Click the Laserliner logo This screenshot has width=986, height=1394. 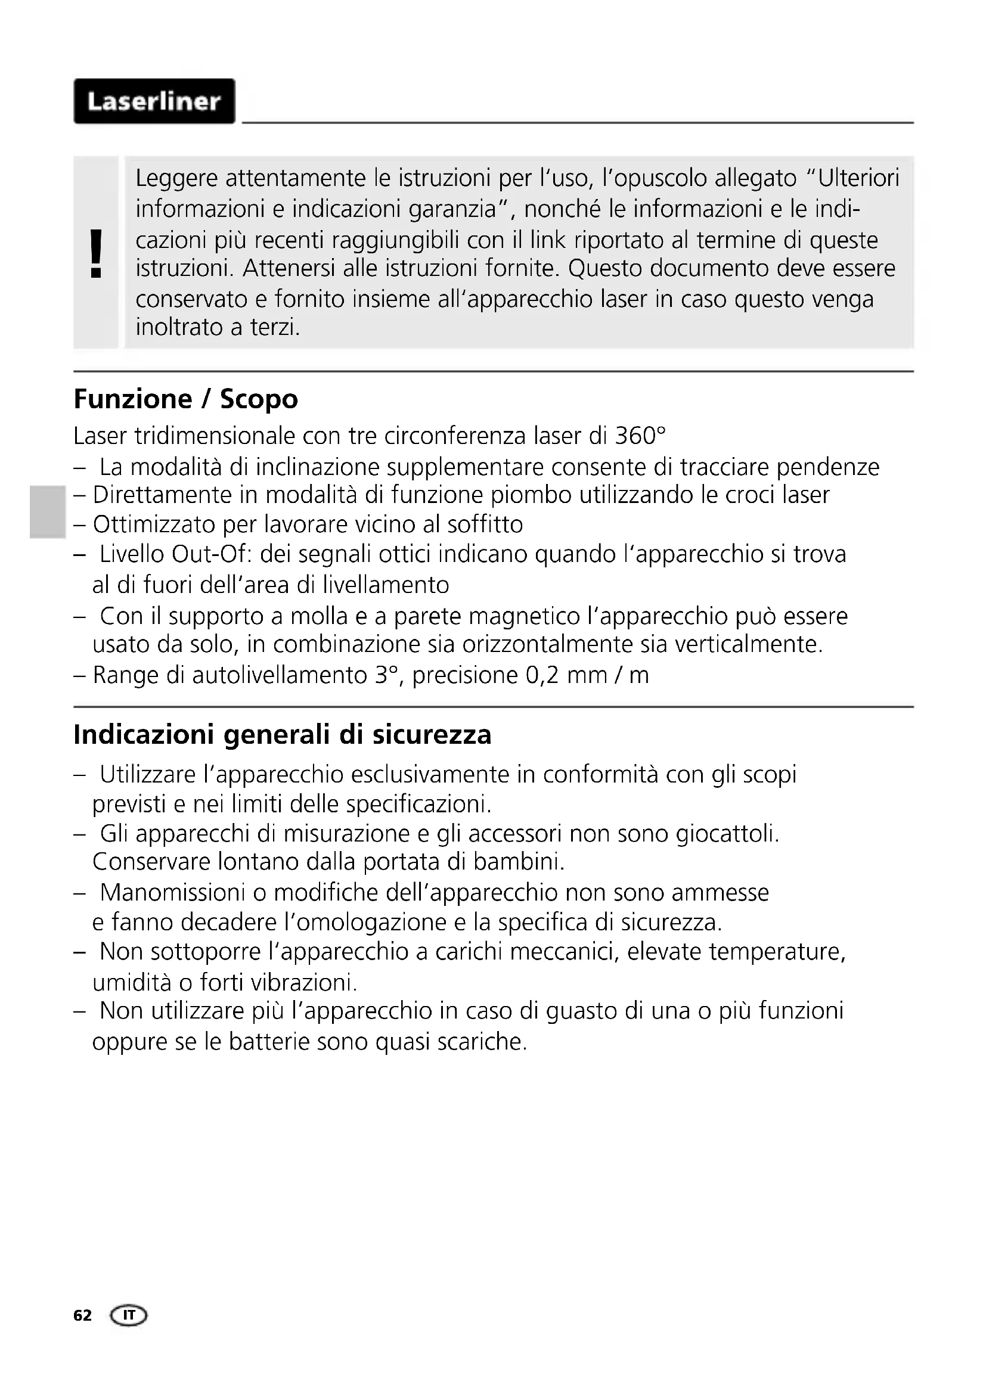[x=154, y=101]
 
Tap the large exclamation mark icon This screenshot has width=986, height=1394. [x=96, y=254]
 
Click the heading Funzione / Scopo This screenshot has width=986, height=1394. [x=186, y=399]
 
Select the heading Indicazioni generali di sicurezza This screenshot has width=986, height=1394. [x=283, y=735]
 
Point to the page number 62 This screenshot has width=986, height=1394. [x=83, y=1316]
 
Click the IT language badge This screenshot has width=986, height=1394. [x=129, y=1316]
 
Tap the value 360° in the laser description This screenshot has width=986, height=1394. [x=640, y=436]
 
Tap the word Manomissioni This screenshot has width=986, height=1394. [x=172, y=893]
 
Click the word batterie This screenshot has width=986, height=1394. [x=268, y=1042]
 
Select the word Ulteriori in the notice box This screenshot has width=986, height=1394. [x=858, y=179]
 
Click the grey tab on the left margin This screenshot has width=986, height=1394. [x=46, y=512]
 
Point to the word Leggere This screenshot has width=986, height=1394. [x=176, y=179]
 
